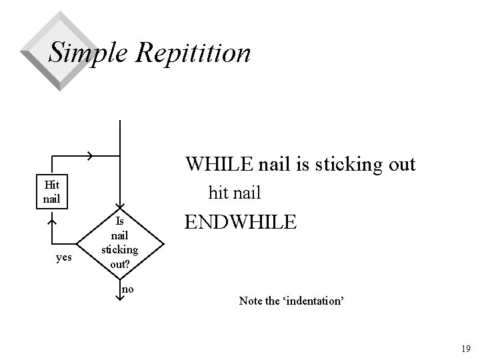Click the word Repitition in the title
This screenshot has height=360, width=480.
[193, 52]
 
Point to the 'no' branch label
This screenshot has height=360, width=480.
[128, 289]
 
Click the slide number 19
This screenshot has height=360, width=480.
[465, 348]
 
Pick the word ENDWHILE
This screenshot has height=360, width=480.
[241, 222]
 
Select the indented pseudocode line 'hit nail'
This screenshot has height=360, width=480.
[235, 193]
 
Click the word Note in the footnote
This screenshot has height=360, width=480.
[250, 301]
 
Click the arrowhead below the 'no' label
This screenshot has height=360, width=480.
[119, 297]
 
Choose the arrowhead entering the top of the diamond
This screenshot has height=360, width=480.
[119, 206]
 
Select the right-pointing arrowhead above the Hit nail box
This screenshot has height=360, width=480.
[89, 154]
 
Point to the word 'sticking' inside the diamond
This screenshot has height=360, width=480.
[119, 250]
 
